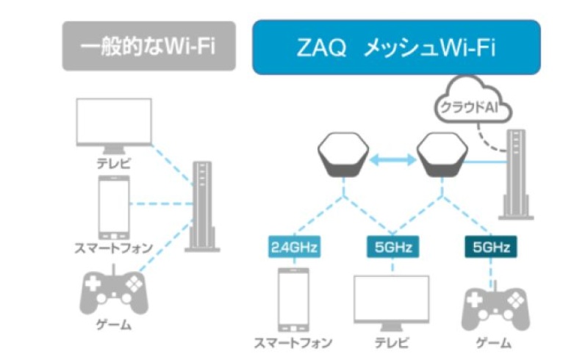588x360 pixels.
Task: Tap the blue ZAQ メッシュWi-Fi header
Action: click(x=396, y=46)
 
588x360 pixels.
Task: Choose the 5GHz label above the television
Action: click(x=391, y=247)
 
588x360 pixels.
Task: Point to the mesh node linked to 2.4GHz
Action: click(x=343, y=156)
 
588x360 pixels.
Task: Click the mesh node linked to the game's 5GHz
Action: click(x=442, y=156)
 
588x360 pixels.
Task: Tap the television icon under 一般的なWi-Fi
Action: click(x=114, y=125)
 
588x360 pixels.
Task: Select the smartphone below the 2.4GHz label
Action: click(x=293, y=300)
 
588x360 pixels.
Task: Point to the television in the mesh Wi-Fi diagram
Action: click(x=391, y=301)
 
